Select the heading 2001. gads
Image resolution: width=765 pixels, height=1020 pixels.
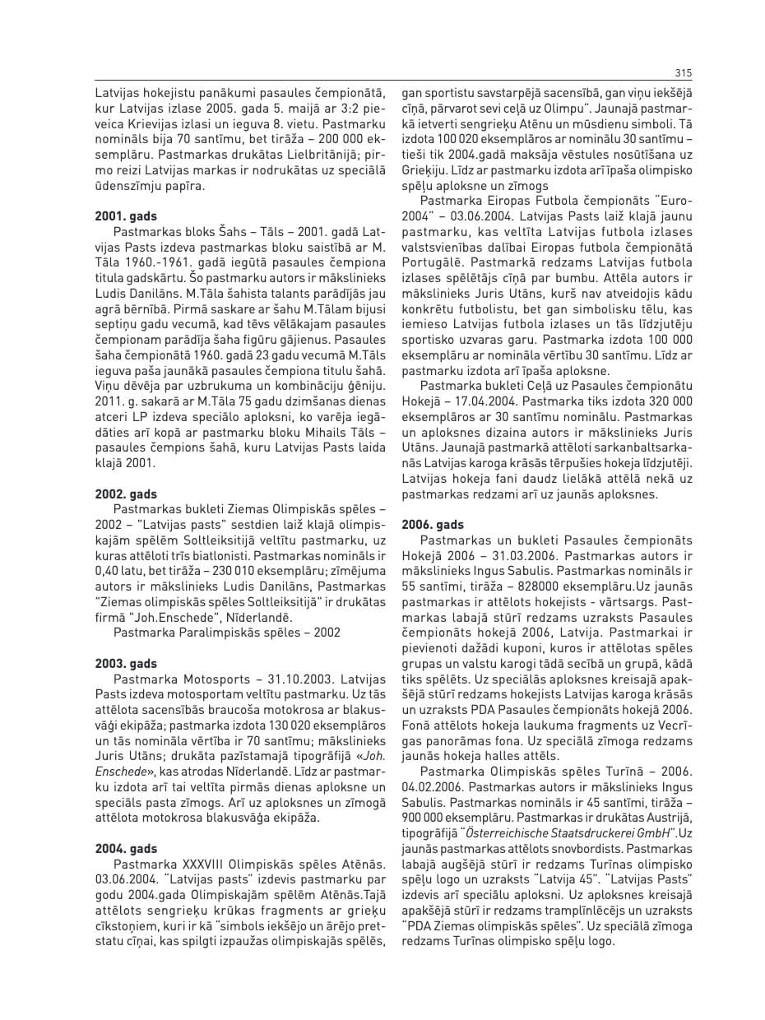coord(126,216)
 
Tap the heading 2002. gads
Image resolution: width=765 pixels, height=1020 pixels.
coord(126,494)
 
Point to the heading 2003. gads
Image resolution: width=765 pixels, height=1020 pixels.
coord(126,663)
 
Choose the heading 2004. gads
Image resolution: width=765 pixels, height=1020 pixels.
coord(126,848)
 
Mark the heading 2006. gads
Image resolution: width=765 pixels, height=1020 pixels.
coord(433,524)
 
